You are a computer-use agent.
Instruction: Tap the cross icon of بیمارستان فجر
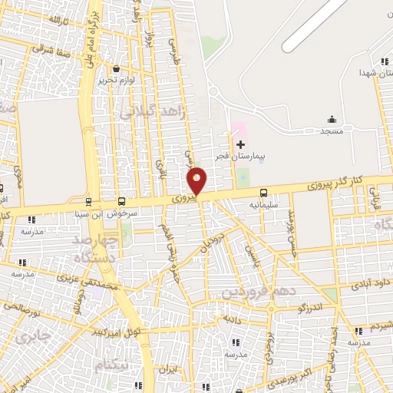[240, 144]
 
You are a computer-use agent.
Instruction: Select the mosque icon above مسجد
[332, 119]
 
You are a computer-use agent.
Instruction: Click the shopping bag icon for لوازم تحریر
[116, 68]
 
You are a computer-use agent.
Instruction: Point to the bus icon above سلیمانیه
[264, 193]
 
